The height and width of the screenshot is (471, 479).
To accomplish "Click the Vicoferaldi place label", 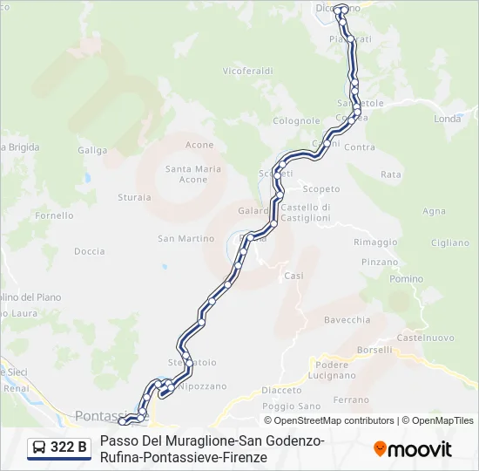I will pos(247,71).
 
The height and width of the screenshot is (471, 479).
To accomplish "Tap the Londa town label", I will pos(447,119).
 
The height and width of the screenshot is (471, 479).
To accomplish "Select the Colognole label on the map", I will pos(296,121).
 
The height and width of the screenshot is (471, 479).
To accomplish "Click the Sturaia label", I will pos(134,197).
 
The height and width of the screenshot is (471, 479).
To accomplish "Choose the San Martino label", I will pos(186,238).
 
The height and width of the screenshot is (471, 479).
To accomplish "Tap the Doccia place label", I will pos(89,251).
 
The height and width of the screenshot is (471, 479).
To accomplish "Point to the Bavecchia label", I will pos(347,320).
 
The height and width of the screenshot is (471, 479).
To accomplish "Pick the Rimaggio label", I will pos(375,242).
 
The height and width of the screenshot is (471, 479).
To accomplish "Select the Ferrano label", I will pos(351,399).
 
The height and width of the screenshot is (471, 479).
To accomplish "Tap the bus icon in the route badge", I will pos(40,448).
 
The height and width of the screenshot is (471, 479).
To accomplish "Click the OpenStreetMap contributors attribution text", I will pos(334,420).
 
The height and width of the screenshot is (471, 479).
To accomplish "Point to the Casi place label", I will pos(293,276).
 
